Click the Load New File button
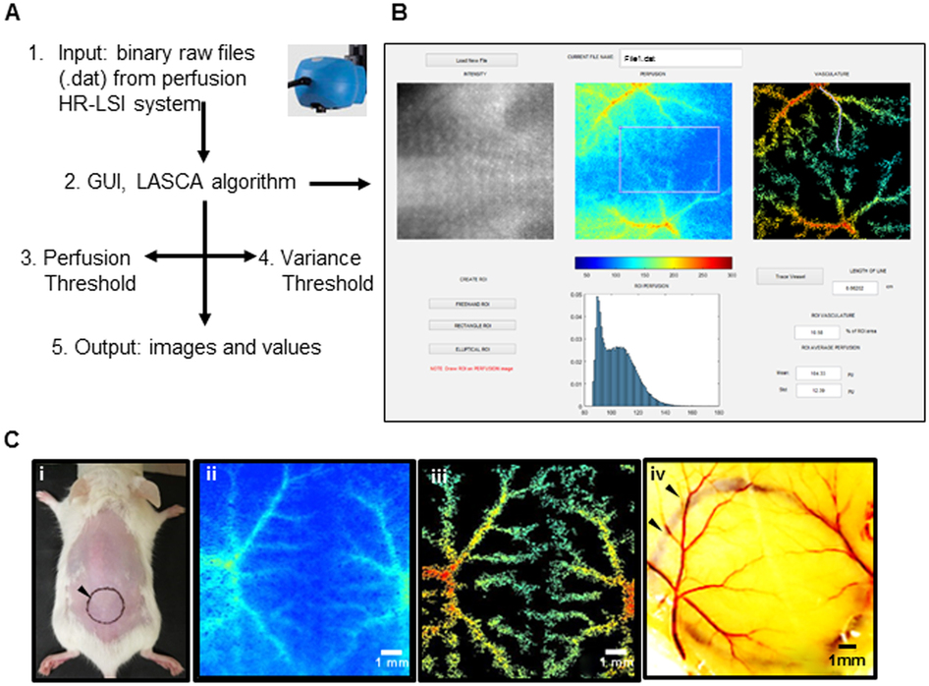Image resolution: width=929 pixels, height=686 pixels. pos(470,60)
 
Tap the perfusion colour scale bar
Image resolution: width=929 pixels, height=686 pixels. pos(653,262)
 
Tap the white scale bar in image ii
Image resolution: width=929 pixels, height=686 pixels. pos(389,650)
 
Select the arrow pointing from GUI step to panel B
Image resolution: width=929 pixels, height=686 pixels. pos(340,183)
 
